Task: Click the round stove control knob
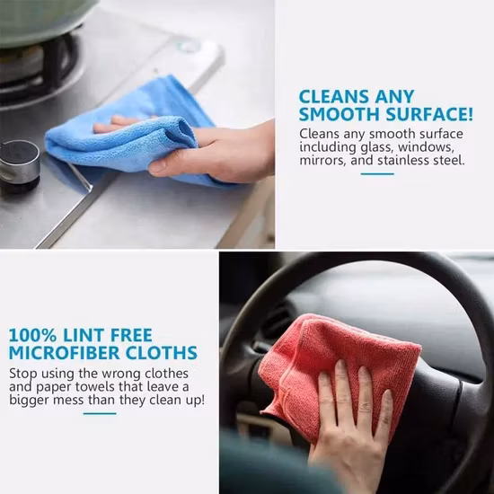[20, 163]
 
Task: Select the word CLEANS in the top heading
[333, 96]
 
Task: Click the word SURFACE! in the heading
[429, 114]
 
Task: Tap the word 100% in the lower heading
[32, 335]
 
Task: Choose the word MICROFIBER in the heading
[64, 353]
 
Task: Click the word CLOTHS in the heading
[162, 353]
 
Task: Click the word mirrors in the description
[322, 161]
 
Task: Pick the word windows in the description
[426, 147]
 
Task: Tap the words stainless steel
[421, 161]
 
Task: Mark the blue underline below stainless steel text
[377, 174]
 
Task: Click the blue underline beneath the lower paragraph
[100, 414]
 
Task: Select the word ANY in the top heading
[394, 96]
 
